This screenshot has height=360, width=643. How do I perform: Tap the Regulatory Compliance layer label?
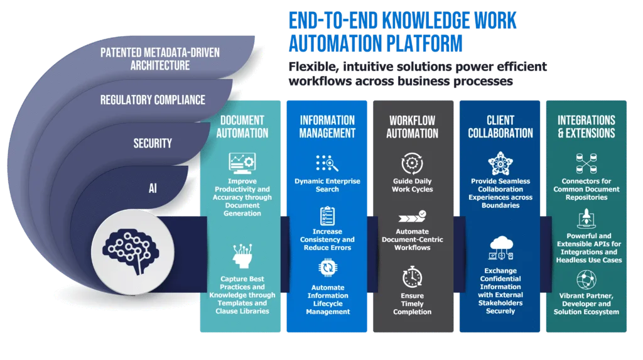(x=153, y=100)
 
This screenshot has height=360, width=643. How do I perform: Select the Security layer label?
(x=153, y=143)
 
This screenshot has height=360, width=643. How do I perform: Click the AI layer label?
(x=153, y=188)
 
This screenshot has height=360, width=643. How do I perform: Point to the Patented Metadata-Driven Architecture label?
(x=160, y=59)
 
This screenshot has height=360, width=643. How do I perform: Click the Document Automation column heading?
(x=242, y=126)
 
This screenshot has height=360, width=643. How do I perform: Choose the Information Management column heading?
(x=327, y=126)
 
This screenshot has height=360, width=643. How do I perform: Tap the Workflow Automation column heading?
(x=413, y=126)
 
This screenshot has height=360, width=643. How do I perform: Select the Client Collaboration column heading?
(x=500, y=126)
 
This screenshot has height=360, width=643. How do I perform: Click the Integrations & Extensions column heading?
(x=586, y=126)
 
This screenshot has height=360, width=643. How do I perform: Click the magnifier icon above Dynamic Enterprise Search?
(x=327, y=163)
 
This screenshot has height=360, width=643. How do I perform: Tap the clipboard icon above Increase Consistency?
(x=327, y=215)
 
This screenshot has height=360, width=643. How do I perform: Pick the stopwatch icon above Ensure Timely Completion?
(x=413, y=277)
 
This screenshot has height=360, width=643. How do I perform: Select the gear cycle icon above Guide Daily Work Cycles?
(x=413, y=163)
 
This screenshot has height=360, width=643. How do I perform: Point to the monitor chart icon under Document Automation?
(x=242, y=164)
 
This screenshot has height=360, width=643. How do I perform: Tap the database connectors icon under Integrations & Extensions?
(x=586, y=163)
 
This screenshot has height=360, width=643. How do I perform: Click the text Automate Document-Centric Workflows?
(x=413, y=239)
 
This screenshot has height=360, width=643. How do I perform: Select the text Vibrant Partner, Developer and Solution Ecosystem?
(x=586, y=303)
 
